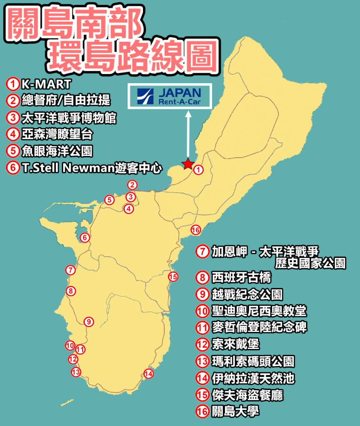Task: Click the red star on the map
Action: coord(188,164)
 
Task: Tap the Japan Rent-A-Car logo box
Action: coord(170,97)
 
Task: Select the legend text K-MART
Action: coord(47,84)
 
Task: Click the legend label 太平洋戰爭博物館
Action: coord(68,118)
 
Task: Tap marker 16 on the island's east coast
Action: coord(196,230)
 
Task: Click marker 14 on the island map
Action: coord(148,374)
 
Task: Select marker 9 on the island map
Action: coord(89,322)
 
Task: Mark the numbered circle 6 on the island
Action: coord(84,238)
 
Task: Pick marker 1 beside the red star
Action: coord(199,170)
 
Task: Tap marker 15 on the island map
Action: coord(173,276)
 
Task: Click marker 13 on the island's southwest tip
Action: coord(76,372)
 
